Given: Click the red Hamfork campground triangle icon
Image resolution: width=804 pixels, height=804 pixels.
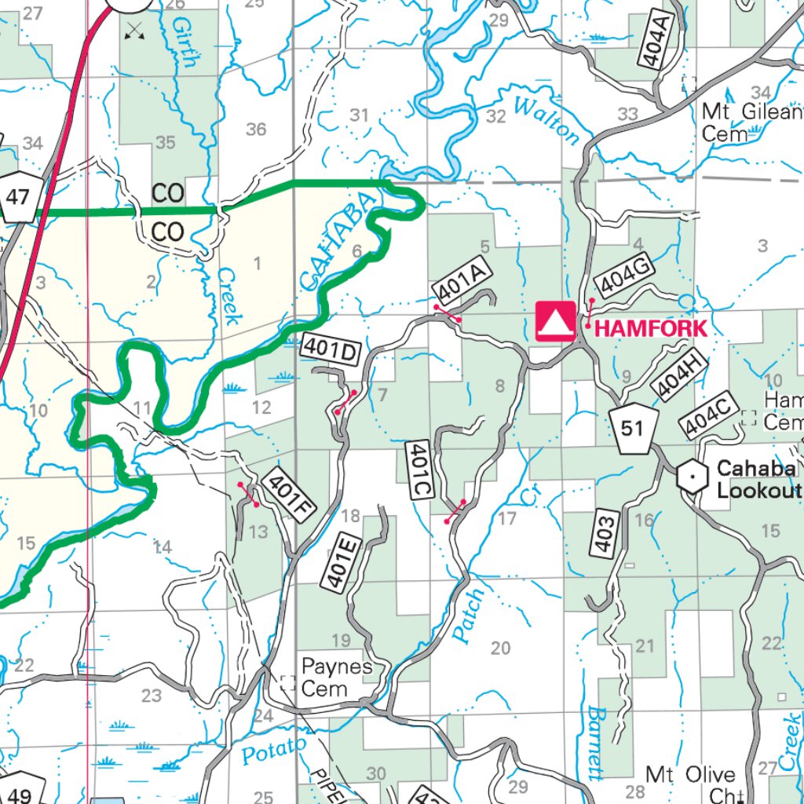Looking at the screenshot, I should click(x=555, y=322).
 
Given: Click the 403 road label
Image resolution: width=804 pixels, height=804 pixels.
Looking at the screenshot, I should click(x=608, y=535).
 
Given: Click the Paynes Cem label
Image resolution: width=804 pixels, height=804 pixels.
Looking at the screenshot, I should click(x=336, y=678).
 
